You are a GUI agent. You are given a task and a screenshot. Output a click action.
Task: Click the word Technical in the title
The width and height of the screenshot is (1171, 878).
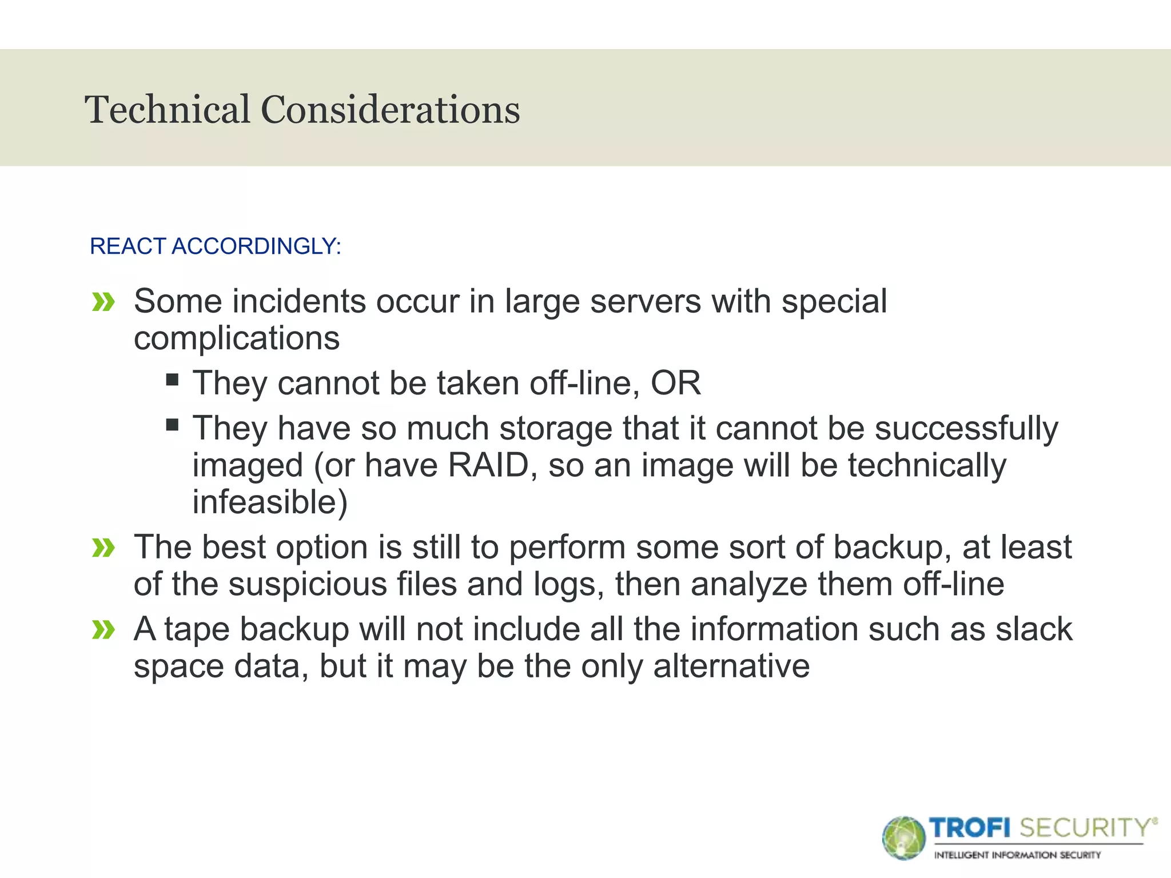168,110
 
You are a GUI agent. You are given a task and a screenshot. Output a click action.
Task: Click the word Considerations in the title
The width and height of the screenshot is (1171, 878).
391,110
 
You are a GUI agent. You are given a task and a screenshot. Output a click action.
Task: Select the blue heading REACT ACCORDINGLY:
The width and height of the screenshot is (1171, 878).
216,246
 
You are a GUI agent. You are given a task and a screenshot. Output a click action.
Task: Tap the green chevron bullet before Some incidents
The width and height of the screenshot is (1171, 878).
103,302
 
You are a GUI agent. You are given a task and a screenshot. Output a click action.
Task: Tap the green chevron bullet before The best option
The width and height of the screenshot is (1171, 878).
103,548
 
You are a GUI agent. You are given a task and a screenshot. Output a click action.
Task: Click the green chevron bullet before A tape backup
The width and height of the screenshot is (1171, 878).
103,630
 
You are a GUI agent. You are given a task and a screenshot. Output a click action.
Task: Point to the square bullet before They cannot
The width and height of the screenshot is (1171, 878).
172,380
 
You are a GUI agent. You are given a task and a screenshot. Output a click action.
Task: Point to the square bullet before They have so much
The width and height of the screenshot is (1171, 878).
172,425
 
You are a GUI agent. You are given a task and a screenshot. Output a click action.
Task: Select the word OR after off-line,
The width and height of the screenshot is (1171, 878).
675,383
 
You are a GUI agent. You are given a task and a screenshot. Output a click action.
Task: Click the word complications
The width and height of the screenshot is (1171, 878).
237,338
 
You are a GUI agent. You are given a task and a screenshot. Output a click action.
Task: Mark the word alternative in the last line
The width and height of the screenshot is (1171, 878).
731,667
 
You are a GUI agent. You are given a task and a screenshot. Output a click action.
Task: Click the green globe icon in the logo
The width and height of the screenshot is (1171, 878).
903,838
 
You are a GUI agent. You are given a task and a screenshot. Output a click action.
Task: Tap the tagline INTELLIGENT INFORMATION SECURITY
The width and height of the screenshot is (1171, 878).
1017,855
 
